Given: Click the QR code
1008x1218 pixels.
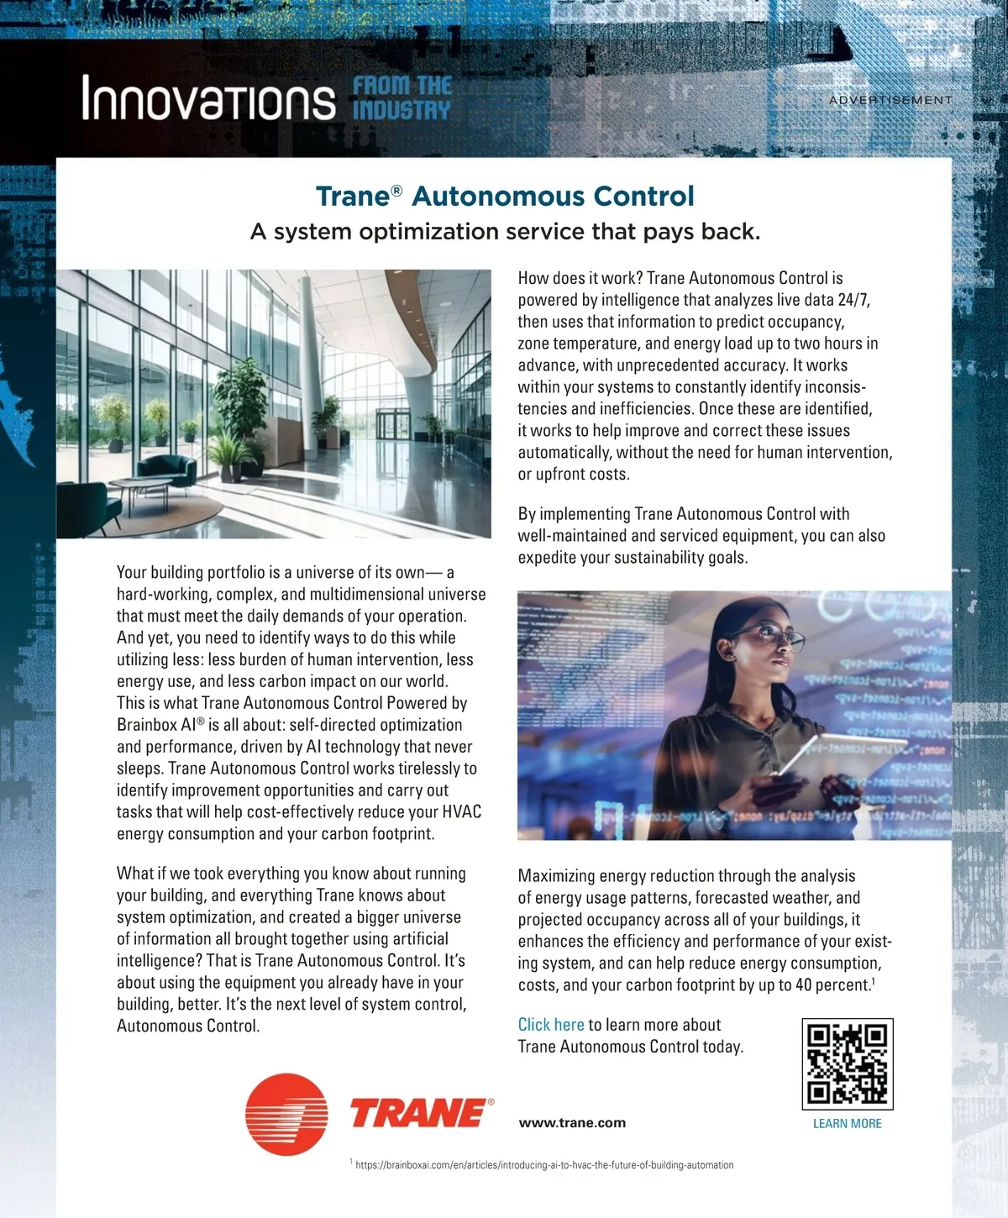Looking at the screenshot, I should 847,1063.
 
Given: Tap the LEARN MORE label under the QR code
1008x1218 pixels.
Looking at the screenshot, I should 847,1124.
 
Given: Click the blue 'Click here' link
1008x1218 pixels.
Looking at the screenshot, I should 551,1025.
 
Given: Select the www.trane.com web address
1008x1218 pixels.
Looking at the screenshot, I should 572,1123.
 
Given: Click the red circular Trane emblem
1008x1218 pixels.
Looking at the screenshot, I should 286,1114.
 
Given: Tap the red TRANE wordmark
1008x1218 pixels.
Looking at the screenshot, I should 418,1114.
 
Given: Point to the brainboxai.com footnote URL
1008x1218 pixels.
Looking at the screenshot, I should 544,1165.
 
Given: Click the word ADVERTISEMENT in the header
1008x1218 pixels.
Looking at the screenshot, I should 890,100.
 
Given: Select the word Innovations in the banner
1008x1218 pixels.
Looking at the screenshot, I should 208,99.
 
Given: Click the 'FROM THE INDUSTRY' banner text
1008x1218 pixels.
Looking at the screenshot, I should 402,98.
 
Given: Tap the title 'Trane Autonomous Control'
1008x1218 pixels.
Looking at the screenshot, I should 505,197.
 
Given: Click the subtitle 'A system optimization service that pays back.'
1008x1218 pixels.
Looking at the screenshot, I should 505,232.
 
